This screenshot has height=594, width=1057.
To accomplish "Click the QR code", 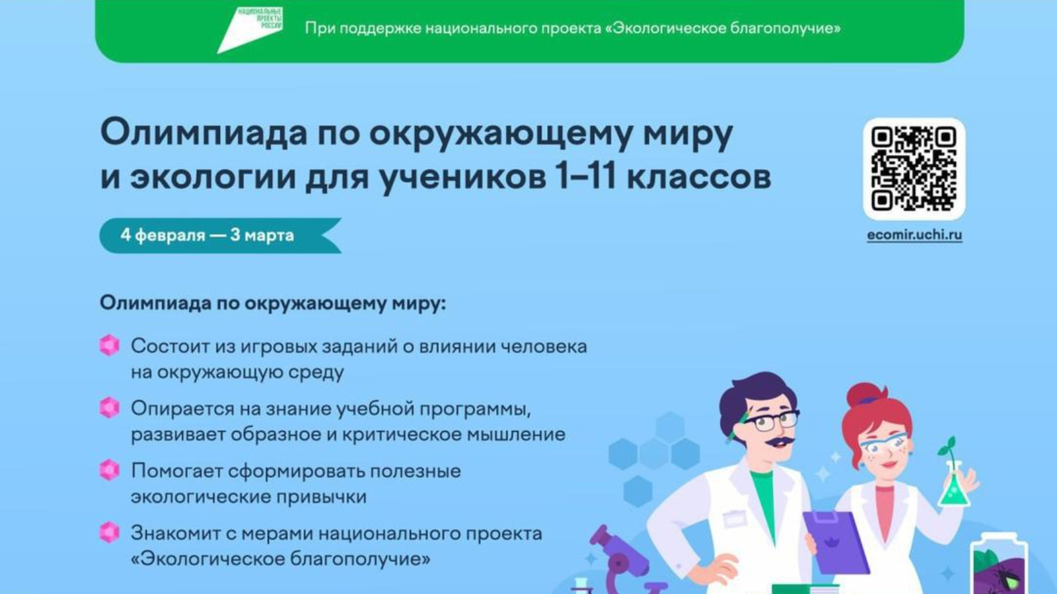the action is point(914,169).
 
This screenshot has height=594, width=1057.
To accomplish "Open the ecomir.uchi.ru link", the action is point(914,235).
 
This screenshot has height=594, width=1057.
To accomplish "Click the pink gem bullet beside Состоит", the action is point(110,345).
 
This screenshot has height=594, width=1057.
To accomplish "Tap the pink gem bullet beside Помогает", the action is point(110,470).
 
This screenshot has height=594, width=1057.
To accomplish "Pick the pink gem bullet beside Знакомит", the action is point(110,532).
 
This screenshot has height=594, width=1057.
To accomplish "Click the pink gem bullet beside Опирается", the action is point(110,408).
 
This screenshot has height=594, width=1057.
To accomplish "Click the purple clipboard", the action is point(835,541).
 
